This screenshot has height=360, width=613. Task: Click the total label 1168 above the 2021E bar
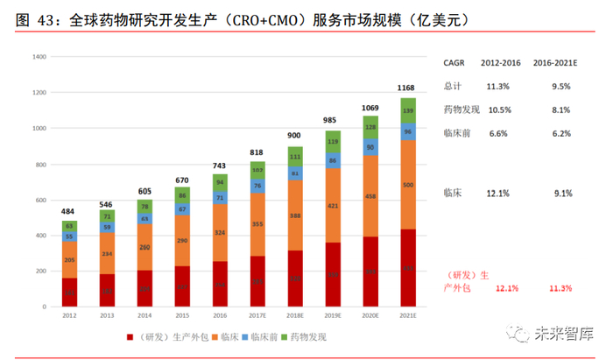(x=406, y=88)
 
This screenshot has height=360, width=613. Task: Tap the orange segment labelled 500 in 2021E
(x=406, y=185)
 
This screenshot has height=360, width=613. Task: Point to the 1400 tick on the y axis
(x=39, y=57)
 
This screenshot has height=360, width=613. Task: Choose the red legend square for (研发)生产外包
(x=130, y=335)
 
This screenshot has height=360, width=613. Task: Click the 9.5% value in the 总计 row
(x=560, y=87)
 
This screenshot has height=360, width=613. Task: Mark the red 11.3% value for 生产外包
(x=560, y=288)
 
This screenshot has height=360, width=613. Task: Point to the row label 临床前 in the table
(x=458, y=133)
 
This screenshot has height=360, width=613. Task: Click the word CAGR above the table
(x=455, y=63)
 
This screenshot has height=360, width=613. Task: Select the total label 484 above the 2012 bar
(x=67, y=212)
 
